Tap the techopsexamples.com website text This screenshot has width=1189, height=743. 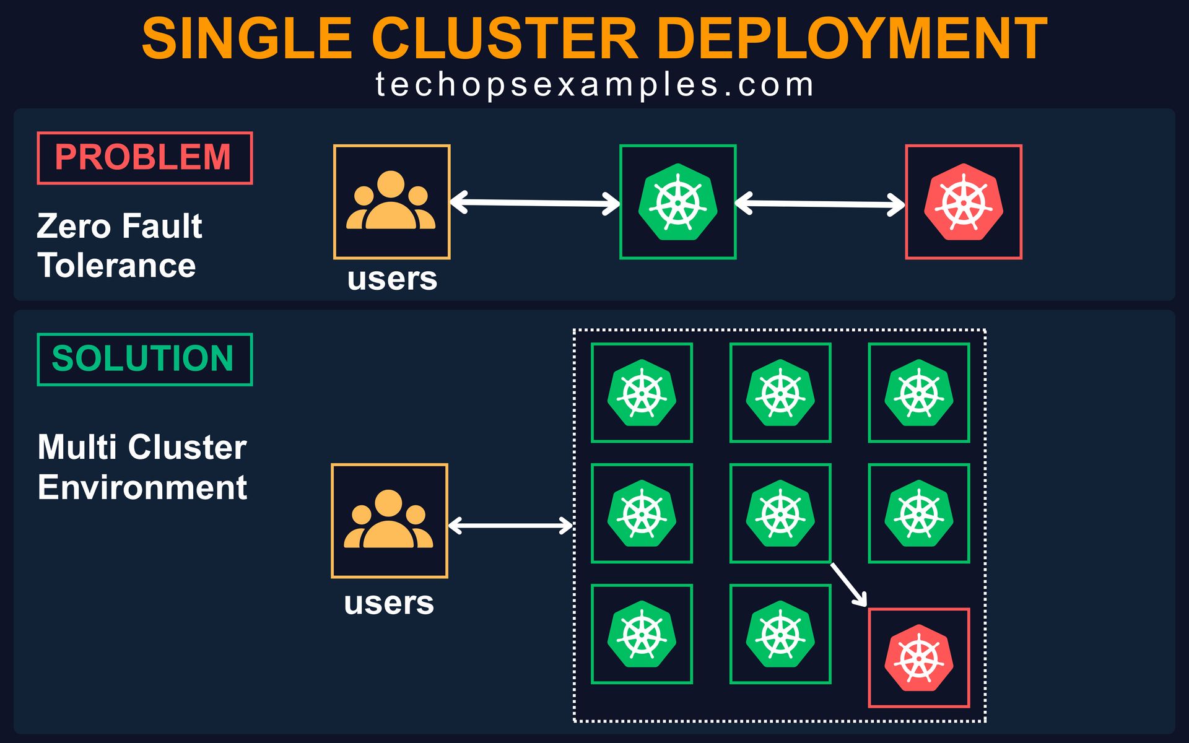pos(594,85)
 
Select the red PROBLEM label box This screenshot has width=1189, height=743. pos(145,158)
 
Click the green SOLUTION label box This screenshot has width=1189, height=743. pos(145,359)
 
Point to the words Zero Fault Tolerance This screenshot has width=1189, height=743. pos(119,246)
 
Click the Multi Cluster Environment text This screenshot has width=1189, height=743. pos(142,467)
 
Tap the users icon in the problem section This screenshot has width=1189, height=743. pos(391,202)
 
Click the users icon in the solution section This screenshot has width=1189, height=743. pos(389,521)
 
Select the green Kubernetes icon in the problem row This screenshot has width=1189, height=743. pos(678,202)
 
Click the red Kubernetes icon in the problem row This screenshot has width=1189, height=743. pos(964,202)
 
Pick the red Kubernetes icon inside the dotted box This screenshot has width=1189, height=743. pos(919,658)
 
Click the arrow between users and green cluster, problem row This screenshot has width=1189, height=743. pos(535,203)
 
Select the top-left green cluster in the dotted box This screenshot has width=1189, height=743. pos(642,393)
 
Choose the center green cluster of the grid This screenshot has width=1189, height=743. pos(780,513)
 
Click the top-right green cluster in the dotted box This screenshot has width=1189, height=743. pos(919,393)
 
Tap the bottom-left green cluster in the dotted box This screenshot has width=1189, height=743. pos(642,634)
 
